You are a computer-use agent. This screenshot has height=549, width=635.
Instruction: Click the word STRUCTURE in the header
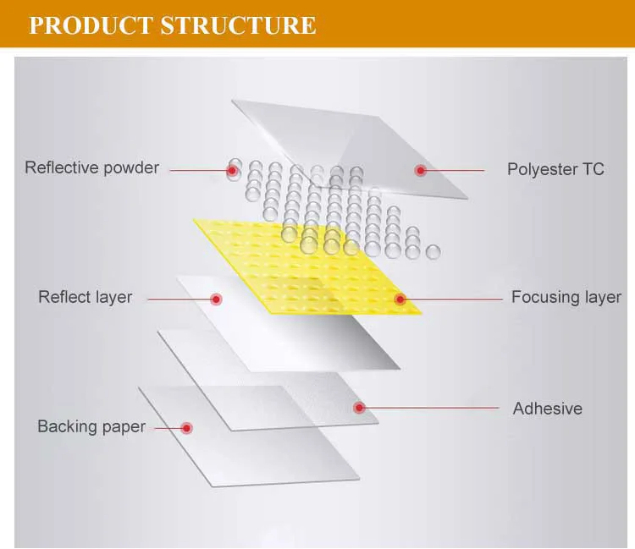(x=238, y=25)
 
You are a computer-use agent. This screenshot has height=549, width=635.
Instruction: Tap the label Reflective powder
(x=91, y=167)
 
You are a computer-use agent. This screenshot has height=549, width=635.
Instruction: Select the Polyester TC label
(x=555, y=169)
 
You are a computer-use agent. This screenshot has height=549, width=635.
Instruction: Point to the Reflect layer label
(x=85, y=297)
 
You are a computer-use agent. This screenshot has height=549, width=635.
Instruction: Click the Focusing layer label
(x=566, y=297)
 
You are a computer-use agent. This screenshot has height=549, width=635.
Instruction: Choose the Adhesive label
(x=547, y=409)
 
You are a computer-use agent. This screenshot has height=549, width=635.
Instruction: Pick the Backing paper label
(x=91, y=426)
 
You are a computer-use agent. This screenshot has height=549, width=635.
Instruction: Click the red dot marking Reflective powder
(x=232, y=170)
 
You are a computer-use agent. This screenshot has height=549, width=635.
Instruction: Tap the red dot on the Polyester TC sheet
(x=420, y=170)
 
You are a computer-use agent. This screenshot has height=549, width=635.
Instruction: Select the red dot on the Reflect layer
(x=216, y=299)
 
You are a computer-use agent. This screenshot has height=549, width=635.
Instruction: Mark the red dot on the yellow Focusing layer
(x=400, y=299)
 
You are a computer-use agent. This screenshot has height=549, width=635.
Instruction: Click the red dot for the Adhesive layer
(x=359, y=408)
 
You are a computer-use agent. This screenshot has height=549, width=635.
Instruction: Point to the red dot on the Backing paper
(x=186, y=428)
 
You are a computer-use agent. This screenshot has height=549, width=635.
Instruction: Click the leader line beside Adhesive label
(x=432, y=408)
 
